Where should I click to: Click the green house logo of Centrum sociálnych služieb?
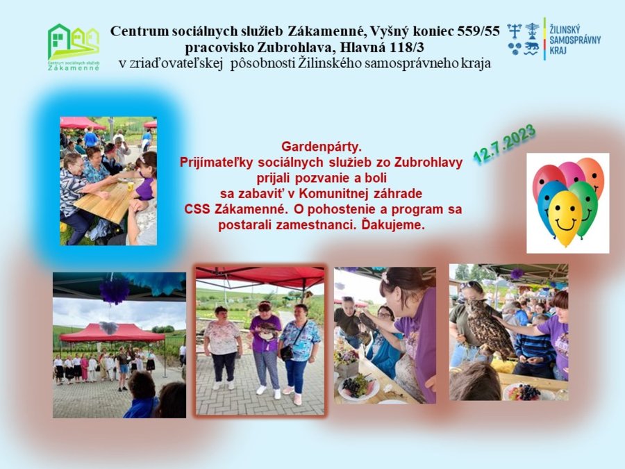[74, 47]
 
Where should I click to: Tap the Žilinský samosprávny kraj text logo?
[575, 40]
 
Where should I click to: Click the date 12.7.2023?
[504, 144]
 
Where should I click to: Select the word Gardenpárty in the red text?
[322, 147]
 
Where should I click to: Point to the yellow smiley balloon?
[565, 217]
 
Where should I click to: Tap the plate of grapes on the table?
[358, 386]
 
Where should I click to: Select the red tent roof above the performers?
[112, 334]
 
